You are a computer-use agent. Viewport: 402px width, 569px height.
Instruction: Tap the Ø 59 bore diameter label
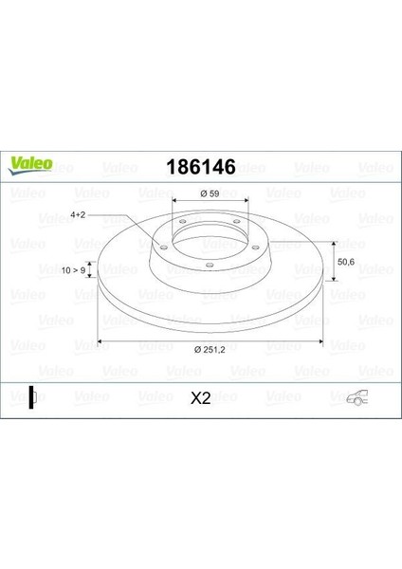(210, 194)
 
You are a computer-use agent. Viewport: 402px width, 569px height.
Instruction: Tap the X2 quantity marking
(200, 399)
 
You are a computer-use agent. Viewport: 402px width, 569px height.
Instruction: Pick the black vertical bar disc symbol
(31, 398)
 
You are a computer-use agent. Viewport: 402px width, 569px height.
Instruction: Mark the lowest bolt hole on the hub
(209, 265)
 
